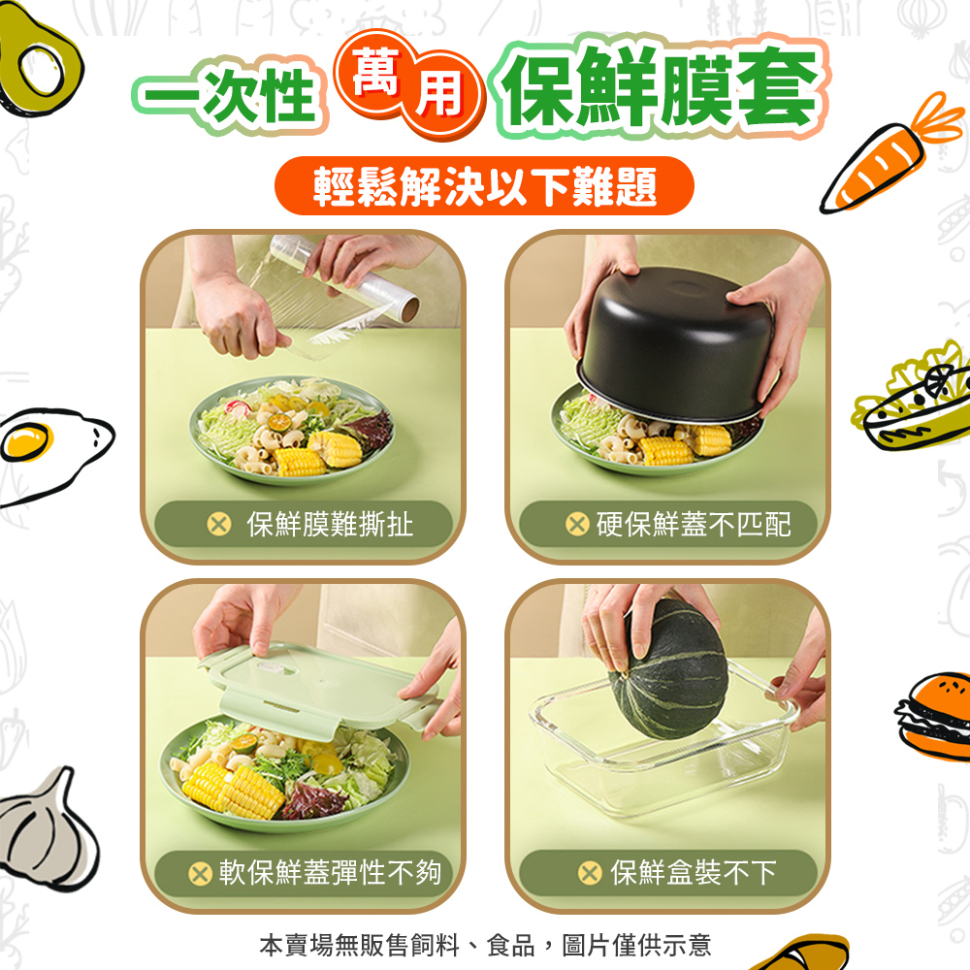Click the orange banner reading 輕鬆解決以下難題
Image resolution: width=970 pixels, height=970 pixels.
click(x=484, y=186)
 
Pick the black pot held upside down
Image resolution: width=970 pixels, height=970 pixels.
click(x=674, y=344)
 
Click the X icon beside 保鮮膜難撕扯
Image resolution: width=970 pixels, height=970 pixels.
click(x=219, y=525)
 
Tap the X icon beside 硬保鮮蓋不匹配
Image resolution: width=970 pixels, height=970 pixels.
click(x=577, y=525)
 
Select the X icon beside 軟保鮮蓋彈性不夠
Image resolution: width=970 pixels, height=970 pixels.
click(x=200, y=874)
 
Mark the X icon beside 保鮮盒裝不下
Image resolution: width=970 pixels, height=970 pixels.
click(x=590, y=874)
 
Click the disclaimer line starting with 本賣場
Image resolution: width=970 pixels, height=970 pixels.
click(x=485, y=946)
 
